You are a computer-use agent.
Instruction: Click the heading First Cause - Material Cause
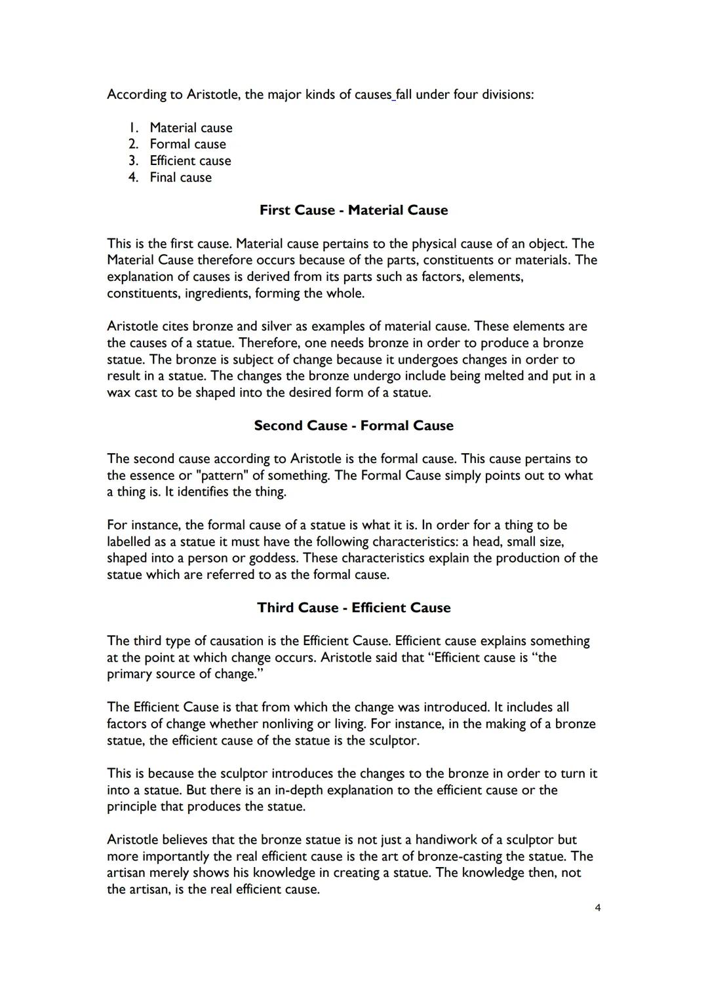[353, 210]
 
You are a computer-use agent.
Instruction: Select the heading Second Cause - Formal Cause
[353, 426]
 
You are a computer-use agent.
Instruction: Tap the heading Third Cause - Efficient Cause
[353, 608]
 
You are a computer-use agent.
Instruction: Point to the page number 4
[597, 908]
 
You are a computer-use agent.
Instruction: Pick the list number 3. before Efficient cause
[134, 161]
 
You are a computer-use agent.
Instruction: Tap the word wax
[118, 393]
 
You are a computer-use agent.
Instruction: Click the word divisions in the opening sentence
[507, 94]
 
